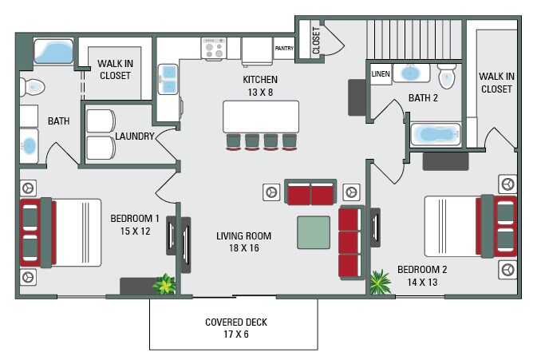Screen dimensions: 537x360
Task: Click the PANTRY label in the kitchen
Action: (284, 49)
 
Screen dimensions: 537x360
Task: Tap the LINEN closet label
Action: (381, 73)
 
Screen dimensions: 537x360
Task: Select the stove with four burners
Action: (214, 49)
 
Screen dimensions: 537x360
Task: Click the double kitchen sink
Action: (168, 79)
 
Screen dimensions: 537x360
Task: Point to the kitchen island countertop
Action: (261, 117)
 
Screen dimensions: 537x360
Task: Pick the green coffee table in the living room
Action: (314, 232)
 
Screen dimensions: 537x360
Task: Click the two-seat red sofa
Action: (310, 192)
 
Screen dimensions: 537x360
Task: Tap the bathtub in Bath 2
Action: (436, 135)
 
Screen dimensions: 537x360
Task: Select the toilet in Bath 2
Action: (447, 76)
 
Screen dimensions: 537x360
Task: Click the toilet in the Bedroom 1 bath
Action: (32, 87)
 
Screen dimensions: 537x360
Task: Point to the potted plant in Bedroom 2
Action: (380, 282)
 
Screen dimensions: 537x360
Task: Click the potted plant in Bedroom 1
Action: (164, 284)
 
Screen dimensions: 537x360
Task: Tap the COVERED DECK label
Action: (236, 322)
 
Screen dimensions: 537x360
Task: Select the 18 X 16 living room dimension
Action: (244, 247)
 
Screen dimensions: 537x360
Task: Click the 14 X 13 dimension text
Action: (422, 283)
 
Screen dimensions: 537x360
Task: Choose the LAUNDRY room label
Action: (135, 136)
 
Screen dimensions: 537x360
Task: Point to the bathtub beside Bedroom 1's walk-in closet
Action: (53, 52)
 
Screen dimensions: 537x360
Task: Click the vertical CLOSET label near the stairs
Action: (316, 41)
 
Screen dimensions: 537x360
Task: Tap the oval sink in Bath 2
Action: (411, 73)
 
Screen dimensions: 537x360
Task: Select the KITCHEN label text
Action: (260, 80)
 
